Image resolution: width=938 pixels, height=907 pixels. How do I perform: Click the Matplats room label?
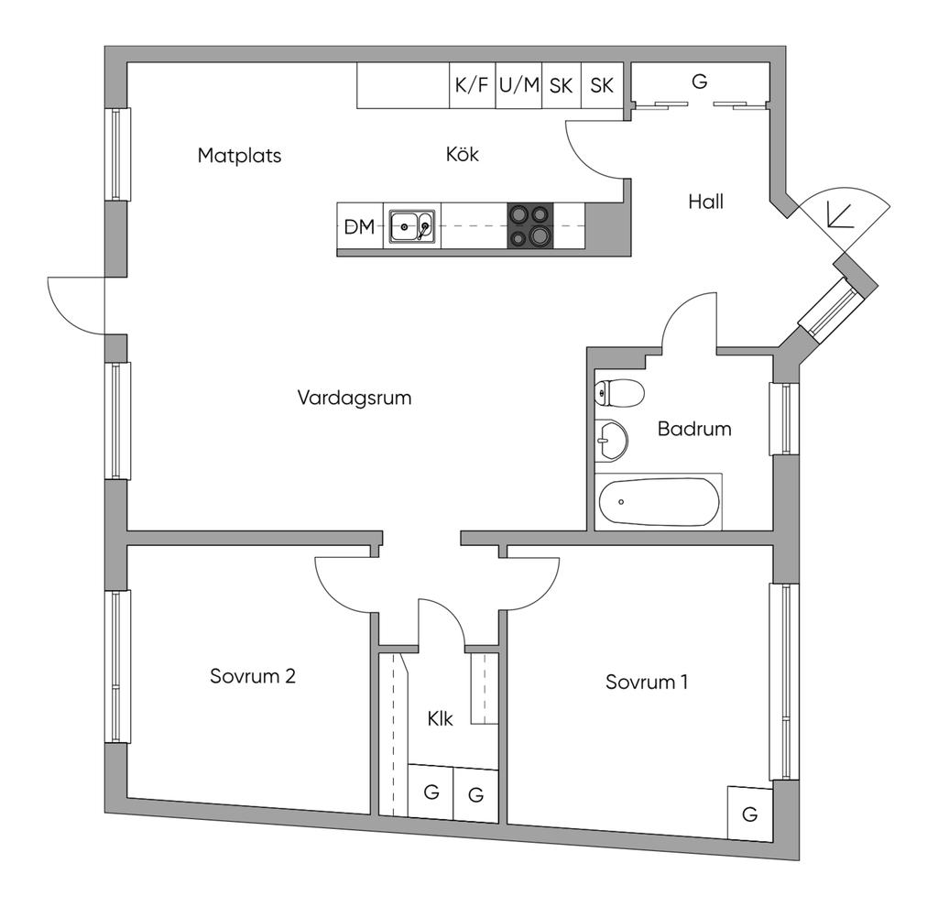[x=239, y=156]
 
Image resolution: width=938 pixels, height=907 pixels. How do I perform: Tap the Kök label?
[x=463, y=154]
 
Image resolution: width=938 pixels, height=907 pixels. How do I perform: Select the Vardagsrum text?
[x=354, y=398]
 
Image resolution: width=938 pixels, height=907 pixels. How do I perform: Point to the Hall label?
[x=706, y=202]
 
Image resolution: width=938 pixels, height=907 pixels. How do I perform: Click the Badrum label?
[x=694, y=429]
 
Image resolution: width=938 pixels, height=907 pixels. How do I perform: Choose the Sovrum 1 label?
[x=647, y=682]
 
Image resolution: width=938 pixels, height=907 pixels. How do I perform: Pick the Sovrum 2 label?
[x=253, y=676]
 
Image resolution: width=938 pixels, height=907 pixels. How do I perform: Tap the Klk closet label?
[x=441, y=718]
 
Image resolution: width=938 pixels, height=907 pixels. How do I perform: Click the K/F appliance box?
[x=473, y=85]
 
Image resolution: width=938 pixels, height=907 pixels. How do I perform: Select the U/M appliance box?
[x=519, y=85]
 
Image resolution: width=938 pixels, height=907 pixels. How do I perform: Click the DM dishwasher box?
[x=360, y=227]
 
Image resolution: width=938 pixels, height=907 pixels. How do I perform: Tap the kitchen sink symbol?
[x=412, y=227]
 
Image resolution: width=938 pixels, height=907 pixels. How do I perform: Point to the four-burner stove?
[x=530, y=226]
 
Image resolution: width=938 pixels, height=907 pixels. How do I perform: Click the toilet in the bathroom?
[x=620, y=393]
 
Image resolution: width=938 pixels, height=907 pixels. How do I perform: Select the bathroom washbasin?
[x=611, y=441]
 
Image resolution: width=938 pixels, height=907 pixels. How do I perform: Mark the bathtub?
[x=659, y=502]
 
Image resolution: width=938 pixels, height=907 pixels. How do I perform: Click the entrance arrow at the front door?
[x=839, y=214]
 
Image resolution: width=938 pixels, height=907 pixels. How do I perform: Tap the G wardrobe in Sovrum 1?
[x=750, y=813]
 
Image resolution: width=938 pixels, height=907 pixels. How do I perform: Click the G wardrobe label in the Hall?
[x=699, y=81]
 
